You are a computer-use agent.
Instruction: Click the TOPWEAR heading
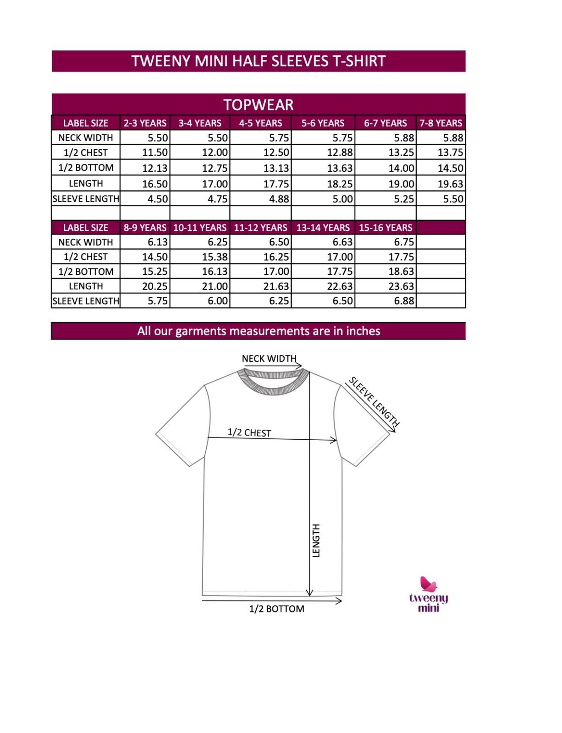pos(258,105)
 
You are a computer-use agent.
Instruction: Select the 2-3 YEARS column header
pos(145,123)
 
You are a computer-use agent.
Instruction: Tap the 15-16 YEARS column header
pos(385,228)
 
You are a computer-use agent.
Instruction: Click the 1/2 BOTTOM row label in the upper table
pos(86,168)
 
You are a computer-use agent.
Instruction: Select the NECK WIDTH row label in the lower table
pos(86,242)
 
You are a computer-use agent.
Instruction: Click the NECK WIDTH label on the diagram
pos(269,358)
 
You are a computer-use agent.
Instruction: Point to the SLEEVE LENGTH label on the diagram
pos(374,401)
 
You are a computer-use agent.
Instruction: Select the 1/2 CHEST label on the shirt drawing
pos(249,432)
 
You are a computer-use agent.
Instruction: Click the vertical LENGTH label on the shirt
pos(316,540)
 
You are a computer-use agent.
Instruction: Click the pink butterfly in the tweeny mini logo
pos(428,584)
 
